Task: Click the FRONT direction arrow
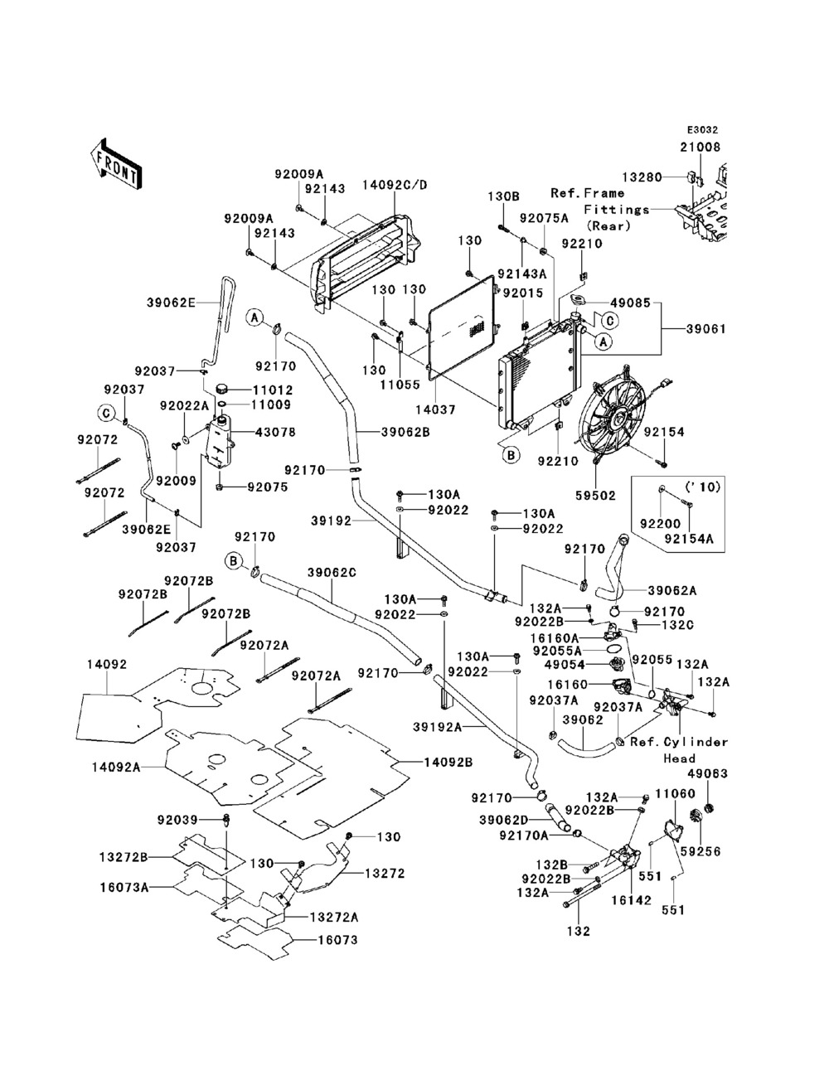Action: point(116,163)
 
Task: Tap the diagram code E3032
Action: point(702,130)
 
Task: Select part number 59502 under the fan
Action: point(596,495)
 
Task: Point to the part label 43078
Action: point(275,432)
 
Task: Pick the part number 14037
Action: point(435,409)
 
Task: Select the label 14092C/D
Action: point(395,185)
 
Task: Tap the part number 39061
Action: point(706,329)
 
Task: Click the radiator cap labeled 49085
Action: point(577,298)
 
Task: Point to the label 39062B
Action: point(405,432)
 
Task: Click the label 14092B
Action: point(448,763)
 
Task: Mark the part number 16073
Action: point(337,939)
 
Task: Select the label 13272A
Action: point(334,917)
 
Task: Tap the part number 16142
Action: point(631,899)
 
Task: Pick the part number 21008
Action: point(701,147)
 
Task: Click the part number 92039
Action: point(177,820)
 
